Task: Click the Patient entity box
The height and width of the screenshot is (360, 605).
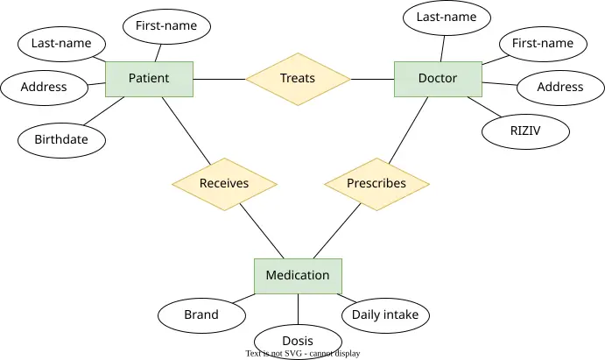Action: (x=149, y=79)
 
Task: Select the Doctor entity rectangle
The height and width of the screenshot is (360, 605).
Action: (x=438, y=79)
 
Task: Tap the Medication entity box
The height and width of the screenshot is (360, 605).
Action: (x=298, y=276)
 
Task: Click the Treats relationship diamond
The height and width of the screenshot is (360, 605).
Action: (x=298, y=79)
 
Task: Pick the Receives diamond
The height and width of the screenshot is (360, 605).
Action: (x=224, y=184)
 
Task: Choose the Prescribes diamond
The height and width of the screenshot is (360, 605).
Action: (x=376, y=184)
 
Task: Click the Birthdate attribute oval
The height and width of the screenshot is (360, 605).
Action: (x=61, y=140)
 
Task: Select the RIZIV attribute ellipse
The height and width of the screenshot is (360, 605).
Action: (x=525, y=131)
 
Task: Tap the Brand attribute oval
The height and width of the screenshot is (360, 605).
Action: (x=201, y=315)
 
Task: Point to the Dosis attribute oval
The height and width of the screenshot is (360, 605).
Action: (x=298, y=342)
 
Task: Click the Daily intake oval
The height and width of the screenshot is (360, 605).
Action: (x=385, y=315)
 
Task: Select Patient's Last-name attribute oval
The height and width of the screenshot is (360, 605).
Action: (x=61, y=44)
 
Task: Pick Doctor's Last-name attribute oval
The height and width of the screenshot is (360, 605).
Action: (x=447, y=18)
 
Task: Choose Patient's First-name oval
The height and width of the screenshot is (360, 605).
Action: (x=166, y=26)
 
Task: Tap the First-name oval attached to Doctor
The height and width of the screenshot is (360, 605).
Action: (x=543, y=44)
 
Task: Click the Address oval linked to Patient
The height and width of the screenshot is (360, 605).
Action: (x=44, y=88)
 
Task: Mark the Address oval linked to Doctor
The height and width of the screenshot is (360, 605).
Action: (x=560, y=88)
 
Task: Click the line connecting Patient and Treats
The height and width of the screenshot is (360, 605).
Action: (x=220, y=79)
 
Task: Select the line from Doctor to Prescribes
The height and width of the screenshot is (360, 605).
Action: (x=408, y=131)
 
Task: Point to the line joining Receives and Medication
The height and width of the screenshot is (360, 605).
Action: (x=262, y=230)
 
